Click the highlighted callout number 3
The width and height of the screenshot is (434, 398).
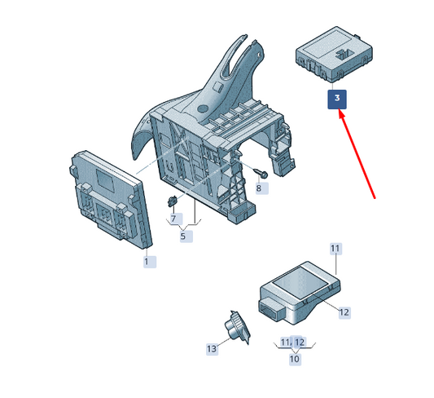click(x=337, y=99)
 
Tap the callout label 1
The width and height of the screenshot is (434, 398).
click(x=150, y=262)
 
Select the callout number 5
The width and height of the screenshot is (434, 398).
click(x=186, y=237)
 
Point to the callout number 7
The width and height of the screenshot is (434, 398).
click(x=177, y=219)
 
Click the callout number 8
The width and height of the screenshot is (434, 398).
click(x=262, y=188)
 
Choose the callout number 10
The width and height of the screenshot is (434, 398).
click(x=295, y=359)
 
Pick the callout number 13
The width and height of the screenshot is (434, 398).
click(x=212, y=349)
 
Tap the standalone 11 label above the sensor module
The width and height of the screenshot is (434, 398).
click(x=335, y=248)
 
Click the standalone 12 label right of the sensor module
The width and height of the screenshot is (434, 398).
click(x=344, y=312)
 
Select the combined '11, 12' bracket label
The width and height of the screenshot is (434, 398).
click(x=293, y=343)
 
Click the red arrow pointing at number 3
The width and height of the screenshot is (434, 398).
click(x=357, y=154)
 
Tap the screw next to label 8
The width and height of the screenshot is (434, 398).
click(x=261, y=173)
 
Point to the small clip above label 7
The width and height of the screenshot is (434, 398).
click(x=172, y=201)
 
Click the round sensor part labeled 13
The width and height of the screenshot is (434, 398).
click(x=237, y=327)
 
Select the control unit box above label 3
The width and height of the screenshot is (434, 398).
click(x=334, y=54)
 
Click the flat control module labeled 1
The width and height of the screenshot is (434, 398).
click(x=110, y=199)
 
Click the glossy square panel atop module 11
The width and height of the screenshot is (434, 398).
click(x=299, y=284)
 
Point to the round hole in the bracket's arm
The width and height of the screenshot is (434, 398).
click(x=203, y=108)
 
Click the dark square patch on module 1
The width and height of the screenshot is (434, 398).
click(x=106, y=180)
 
